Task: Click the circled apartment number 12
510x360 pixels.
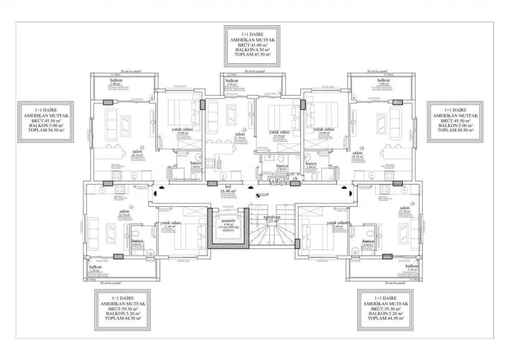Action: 141,148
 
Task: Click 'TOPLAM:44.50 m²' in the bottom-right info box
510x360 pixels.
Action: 386,319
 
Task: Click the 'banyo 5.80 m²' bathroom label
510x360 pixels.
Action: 282,168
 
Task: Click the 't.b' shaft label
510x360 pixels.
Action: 295,179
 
